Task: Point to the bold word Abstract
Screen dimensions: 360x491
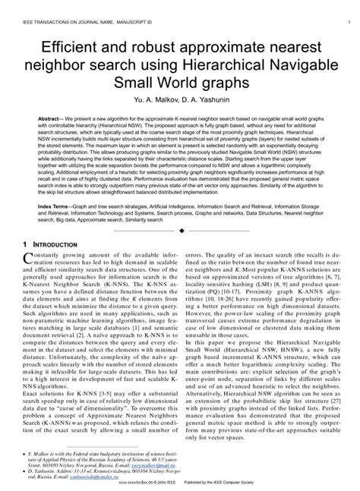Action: tap(50, 120)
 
